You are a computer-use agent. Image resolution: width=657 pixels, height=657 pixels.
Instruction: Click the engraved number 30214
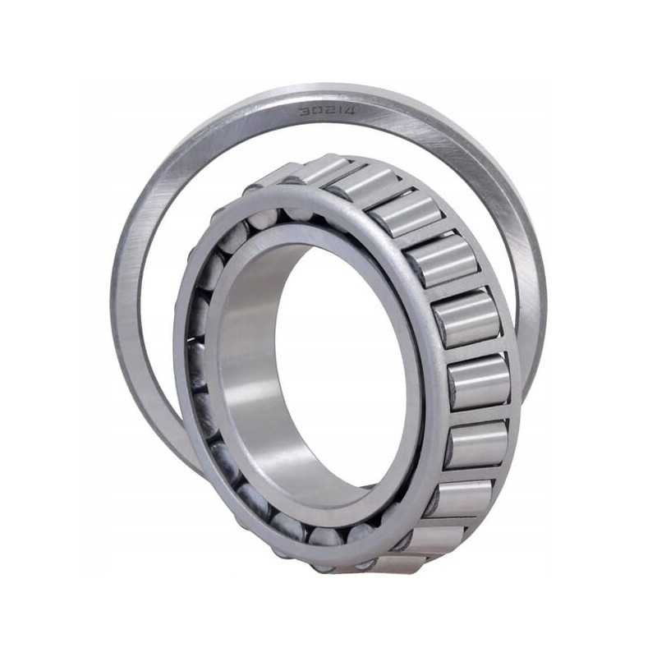click(x=326, y=111)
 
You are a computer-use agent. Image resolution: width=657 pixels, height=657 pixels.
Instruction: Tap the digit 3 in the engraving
click(x=303, y=111)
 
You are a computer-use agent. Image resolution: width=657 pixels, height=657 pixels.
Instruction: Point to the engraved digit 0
click(x=315, y=111)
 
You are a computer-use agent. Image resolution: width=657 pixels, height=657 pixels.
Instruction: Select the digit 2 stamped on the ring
click(x=326, y=111)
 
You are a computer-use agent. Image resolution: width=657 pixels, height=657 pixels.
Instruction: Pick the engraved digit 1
click(x=337, y=111)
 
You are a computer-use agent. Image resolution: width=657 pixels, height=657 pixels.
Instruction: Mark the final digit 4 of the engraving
click(x=348, y=112)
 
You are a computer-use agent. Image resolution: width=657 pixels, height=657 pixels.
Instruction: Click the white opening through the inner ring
click(x=342, y=369)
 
